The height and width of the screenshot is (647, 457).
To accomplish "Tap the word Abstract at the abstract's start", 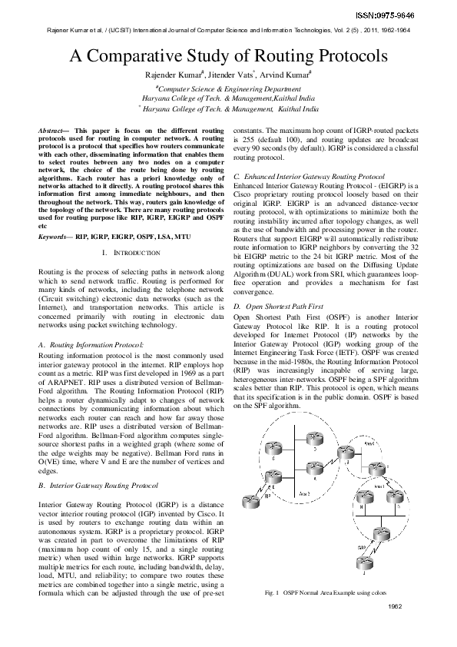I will coord(51,132).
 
